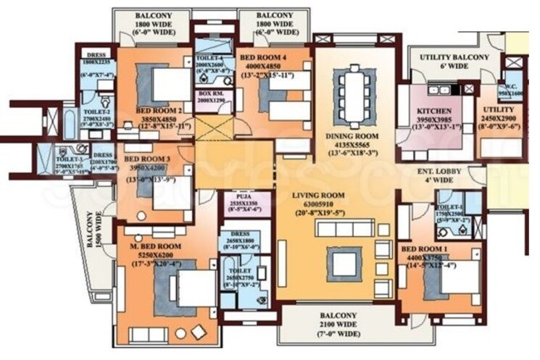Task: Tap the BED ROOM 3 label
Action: [147, 159]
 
